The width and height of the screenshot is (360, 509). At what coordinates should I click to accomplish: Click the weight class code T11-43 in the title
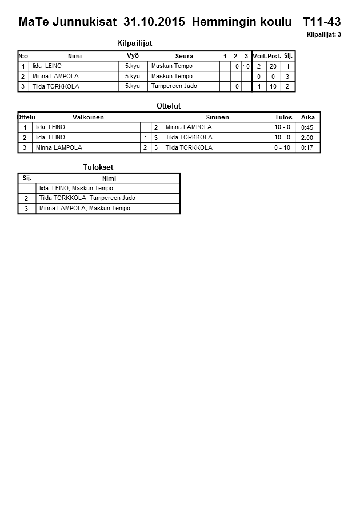321,22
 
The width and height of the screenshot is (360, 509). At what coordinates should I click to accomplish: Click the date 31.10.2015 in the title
154,22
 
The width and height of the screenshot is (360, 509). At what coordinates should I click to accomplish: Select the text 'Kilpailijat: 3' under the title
323,35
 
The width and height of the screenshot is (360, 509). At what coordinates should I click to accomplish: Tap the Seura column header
184,56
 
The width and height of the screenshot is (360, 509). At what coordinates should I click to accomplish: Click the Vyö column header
133,55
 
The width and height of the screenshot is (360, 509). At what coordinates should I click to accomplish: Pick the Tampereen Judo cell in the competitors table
174,86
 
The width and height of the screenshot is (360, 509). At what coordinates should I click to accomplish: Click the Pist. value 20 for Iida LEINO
273,66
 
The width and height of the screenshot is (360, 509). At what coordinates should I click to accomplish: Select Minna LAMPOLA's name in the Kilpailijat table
55,76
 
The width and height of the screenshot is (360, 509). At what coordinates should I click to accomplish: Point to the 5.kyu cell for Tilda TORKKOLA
132,86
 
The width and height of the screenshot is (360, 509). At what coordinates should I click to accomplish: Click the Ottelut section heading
169,106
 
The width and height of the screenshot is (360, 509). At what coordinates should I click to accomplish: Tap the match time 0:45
307,127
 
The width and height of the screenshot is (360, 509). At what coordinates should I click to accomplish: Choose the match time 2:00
307,138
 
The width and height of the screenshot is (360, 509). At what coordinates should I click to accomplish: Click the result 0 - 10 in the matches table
282,147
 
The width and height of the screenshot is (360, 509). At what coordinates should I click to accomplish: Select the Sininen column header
217,117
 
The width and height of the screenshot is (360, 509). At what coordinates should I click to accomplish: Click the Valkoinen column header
89,117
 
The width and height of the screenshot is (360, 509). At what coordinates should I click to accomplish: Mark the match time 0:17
307,147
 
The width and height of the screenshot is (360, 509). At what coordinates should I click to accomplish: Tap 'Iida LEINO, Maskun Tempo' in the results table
76,188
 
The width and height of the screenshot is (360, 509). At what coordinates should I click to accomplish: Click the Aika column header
308,117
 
